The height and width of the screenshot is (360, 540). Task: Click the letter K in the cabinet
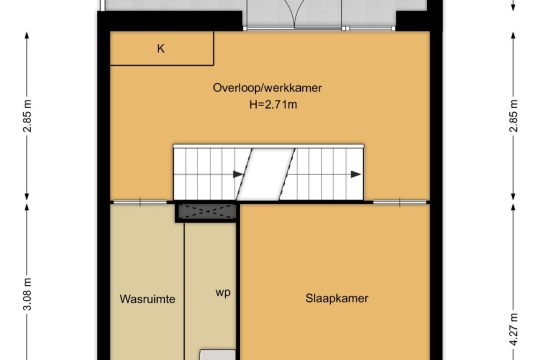pyautogui.click(x=160, y=49)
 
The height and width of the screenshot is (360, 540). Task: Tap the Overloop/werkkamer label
pyautogui.click(x=267, y=88)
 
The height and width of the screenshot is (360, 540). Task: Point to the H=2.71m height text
pyautogui.click(x=273, y=104)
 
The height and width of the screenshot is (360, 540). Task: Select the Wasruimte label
pyautogui.click(x=147, y=299)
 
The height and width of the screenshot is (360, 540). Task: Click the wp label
pyautogui.click(x=223, y=293)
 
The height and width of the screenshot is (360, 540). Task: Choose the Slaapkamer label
pyautogui.click(x=337, y=298)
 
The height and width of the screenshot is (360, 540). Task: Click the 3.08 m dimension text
pyautogui.click(x=28, y=294)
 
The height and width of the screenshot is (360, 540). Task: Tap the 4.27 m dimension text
pyautogui.click(x=513, y=329)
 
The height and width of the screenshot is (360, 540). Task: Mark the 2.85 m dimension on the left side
pyautogui.click(x=28, y=116)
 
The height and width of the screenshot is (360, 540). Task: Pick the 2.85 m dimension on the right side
pyautogui.click(x=513, y=116)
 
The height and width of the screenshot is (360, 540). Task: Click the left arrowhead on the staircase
pyautogui.click(x=238, y=174)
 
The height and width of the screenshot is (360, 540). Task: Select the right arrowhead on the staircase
pyautogui.click(x=356, y=174)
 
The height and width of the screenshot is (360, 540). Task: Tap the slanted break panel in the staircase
pyautogui.click(x=266, y=174)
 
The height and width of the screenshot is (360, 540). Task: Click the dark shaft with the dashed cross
pyautogui.click(x=207, y=212)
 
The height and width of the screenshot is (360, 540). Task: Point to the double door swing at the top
pyautogui.click(x=293, y=14)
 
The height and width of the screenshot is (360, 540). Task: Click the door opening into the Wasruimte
pyautogui.click(x=140, y=203)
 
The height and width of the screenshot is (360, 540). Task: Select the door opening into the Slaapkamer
pyautogui.click(x=399, y=203)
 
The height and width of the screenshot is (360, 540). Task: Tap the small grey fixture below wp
pyautogui.click(x=218, y=355)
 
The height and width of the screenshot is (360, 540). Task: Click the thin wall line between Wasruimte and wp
pyautogui.click(x=184, y=291)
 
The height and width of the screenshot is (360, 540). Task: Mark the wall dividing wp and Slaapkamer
pyautogui.click(x=238, y=282)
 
